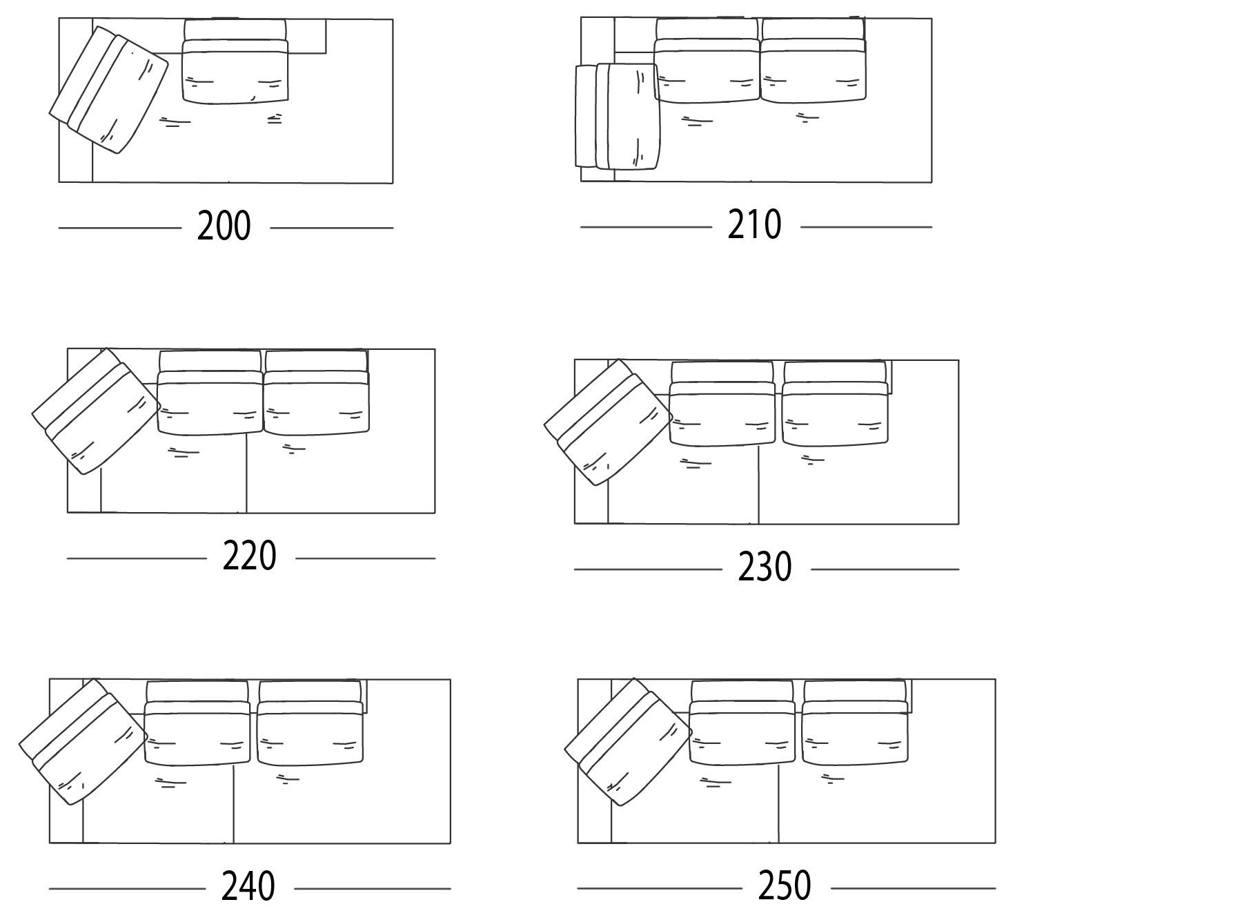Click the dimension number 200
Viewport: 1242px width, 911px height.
[x=224, y=226]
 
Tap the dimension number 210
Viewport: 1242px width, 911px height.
[x=754, y=224]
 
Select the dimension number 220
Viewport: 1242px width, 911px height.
[x=249, y=556]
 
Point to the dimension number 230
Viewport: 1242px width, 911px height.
[x=765, y=567]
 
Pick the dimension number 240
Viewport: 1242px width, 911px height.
[x=248, y=887]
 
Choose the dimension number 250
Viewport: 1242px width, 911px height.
[x=785, y=885]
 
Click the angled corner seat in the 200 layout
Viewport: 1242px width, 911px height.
[x=109, y=90]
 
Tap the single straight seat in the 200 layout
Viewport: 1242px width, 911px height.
[x=235, y=61]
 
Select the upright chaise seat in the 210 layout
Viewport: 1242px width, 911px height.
[x=617, y=116]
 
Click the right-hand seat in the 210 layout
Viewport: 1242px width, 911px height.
[x=813, y=60]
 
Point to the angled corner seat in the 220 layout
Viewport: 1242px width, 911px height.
[x=96, y=411]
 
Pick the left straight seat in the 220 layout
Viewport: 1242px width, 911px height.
[x=210, y=393]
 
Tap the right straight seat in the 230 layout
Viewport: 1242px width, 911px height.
[x=835, y=404]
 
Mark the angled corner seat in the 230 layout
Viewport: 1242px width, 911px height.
[x=608, y=422]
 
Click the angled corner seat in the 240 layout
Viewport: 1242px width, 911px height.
[x=83, y=741]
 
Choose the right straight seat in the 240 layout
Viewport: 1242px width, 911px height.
[x=310, y=723]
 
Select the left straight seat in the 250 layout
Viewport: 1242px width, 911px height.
[x=742, y=723]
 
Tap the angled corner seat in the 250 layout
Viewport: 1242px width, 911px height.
[x=628, y=742]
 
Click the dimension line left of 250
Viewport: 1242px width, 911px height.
[x=660, y=888]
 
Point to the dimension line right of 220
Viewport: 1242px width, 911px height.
[x=366, y=558]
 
